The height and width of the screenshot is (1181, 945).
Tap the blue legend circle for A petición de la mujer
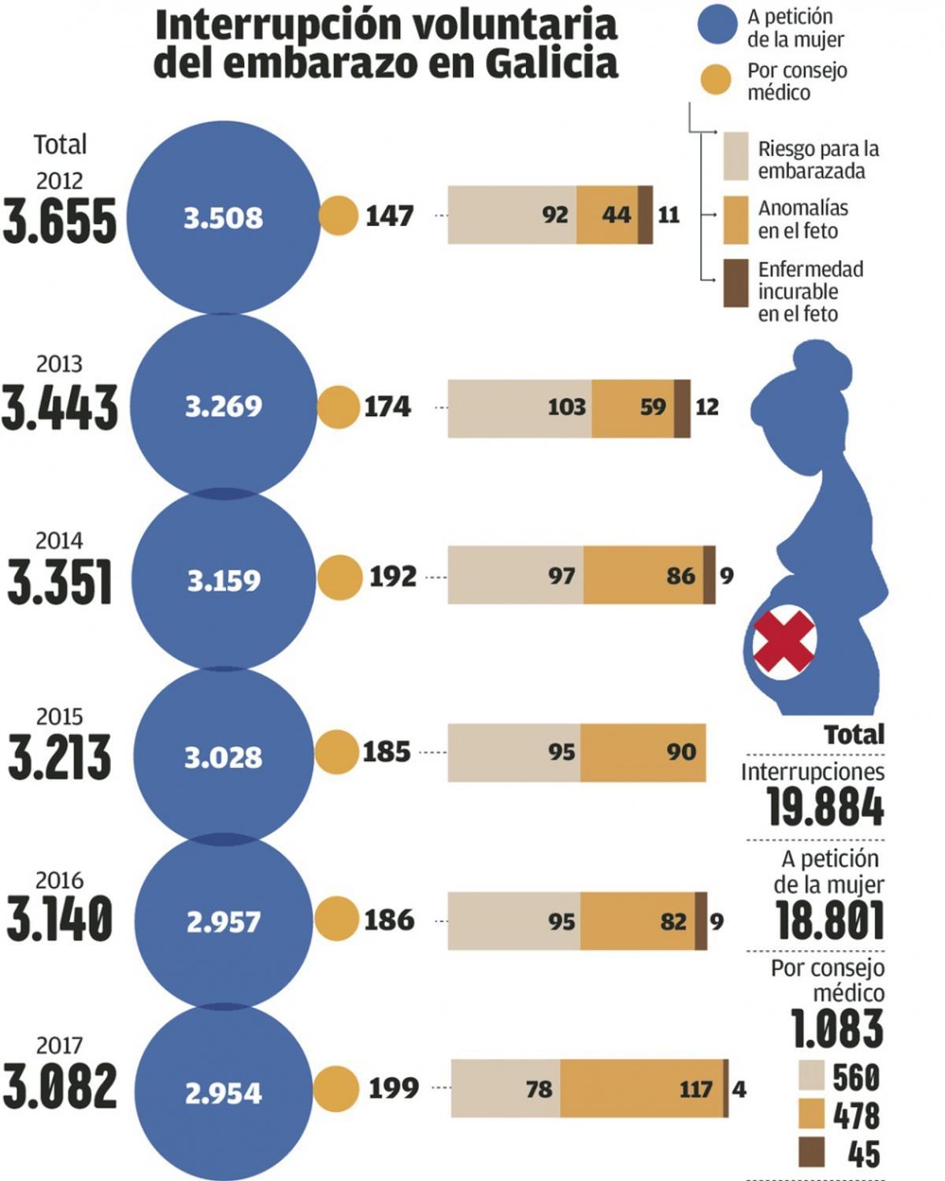pos(717,26)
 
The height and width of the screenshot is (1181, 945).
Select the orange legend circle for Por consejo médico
pos(716,80)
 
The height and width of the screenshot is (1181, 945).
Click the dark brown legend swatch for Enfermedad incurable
pos(736,283)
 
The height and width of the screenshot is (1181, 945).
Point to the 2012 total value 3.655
pos(60,221)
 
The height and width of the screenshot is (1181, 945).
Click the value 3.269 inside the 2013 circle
pos(224,407)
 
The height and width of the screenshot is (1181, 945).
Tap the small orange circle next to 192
pos(339,577)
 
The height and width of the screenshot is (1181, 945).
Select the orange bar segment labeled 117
pos(642,1089)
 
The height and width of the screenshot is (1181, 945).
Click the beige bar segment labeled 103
pos(520,407)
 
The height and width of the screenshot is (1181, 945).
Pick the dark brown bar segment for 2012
pos(645,215)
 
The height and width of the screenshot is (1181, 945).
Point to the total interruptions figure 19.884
pos(825,807)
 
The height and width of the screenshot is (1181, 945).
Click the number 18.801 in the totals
pos(829,919)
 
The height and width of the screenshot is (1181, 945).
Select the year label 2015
pos(59,716)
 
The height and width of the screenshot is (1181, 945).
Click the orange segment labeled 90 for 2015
pos(643,752)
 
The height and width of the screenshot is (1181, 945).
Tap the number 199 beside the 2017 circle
pos(394,1088)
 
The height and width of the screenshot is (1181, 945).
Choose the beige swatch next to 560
pos(811,1075)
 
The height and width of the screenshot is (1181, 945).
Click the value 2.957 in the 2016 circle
pos(224,921)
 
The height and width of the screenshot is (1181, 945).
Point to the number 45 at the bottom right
pos(863,1154)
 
